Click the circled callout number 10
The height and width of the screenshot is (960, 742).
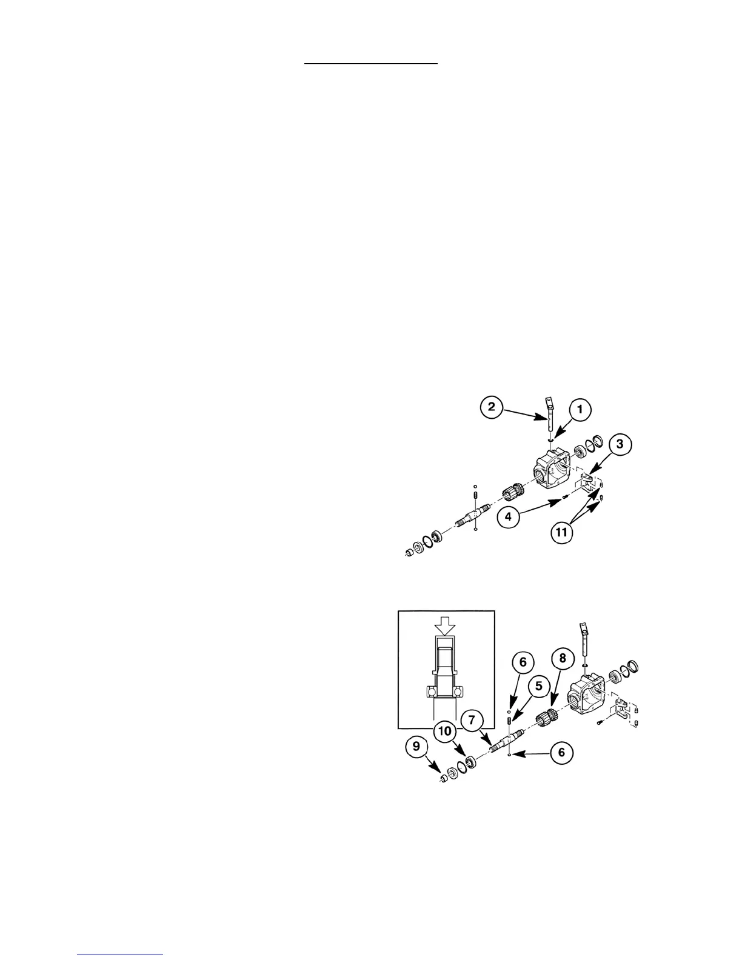(445, 731)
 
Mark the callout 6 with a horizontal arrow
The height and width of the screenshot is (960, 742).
(561, 752)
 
